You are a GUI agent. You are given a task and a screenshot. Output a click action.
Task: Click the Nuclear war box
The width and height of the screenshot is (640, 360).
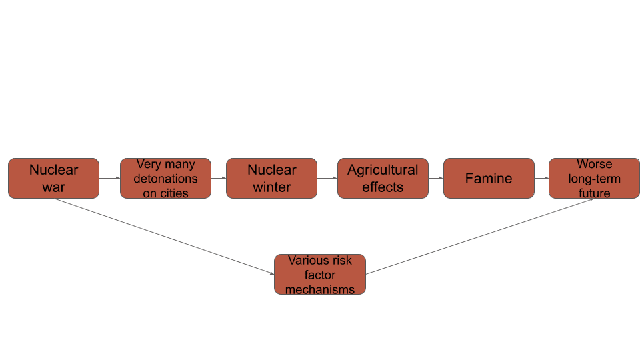coord(53,178)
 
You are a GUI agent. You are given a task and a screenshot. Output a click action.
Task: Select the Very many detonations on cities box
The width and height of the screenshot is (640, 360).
coord(165,178)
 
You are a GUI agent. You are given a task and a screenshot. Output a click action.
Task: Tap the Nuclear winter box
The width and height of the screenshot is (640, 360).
coord(271,178)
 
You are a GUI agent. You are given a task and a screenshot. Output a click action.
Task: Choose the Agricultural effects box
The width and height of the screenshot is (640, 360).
coord(383,178)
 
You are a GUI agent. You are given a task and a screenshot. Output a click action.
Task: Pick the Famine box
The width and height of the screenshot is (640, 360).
coord(489,178)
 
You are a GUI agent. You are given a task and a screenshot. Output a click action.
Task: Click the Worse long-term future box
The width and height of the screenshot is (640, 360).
coord(594,178)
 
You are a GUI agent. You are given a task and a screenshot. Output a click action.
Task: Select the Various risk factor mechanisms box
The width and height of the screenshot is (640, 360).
coord(319,274)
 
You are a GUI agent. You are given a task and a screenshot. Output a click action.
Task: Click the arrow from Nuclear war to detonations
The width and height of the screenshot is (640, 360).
coord(109,178)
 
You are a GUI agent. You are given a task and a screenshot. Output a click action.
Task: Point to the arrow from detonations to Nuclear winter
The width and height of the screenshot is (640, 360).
coord(219,178)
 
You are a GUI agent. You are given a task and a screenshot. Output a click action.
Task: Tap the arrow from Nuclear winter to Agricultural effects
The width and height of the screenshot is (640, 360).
coord(327,178)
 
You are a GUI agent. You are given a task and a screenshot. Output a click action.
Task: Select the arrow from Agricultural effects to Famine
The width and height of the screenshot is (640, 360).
coord(435,178)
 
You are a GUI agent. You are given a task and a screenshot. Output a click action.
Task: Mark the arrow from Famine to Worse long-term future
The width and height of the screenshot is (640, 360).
coord(541,178)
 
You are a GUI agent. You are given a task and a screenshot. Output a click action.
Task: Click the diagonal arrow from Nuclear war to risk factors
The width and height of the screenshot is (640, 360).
coord(163,236)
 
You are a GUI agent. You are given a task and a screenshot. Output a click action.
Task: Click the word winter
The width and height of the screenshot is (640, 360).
coord(272,187)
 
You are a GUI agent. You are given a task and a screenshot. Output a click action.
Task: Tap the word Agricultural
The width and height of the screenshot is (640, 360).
coord(383,170)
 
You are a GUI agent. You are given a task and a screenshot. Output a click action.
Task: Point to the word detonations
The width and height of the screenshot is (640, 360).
coord(165,179)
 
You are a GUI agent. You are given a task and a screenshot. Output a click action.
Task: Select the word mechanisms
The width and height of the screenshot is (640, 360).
coord(320,289)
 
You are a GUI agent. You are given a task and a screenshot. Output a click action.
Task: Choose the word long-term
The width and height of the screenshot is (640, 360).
coord(594,179)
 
